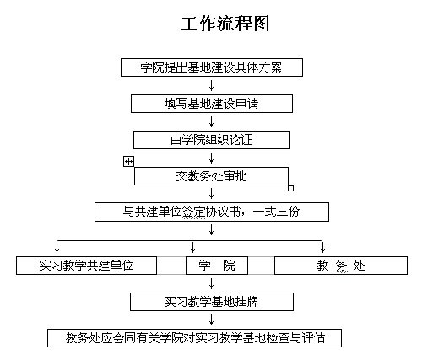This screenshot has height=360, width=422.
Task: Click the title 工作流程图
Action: [x=225, y=24]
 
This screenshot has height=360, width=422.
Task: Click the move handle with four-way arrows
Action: [x=128, y=162]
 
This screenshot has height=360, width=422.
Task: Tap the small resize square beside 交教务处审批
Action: [x=291, y=188]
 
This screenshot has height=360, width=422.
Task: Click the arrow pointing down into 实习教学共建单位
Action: [x=57, y=247]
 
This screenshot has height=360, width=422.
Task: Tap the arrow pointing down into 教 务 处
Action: [x=322, y=247]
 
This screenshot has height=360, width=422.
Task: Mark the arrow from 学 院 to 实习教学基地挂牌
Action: [x=212, y=283]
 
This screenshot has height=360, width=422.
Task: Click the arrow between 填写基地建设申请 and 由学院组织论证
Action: [x=212, y=121]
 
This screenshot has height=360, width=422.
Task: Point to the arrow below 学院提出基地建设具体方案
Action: [x=212, y=85]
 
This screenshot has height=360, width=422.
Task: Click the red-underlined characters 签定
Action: [x=194, y=212]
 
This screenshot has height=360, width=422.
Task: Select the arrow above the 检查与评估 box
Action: [x=212, y=320]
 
